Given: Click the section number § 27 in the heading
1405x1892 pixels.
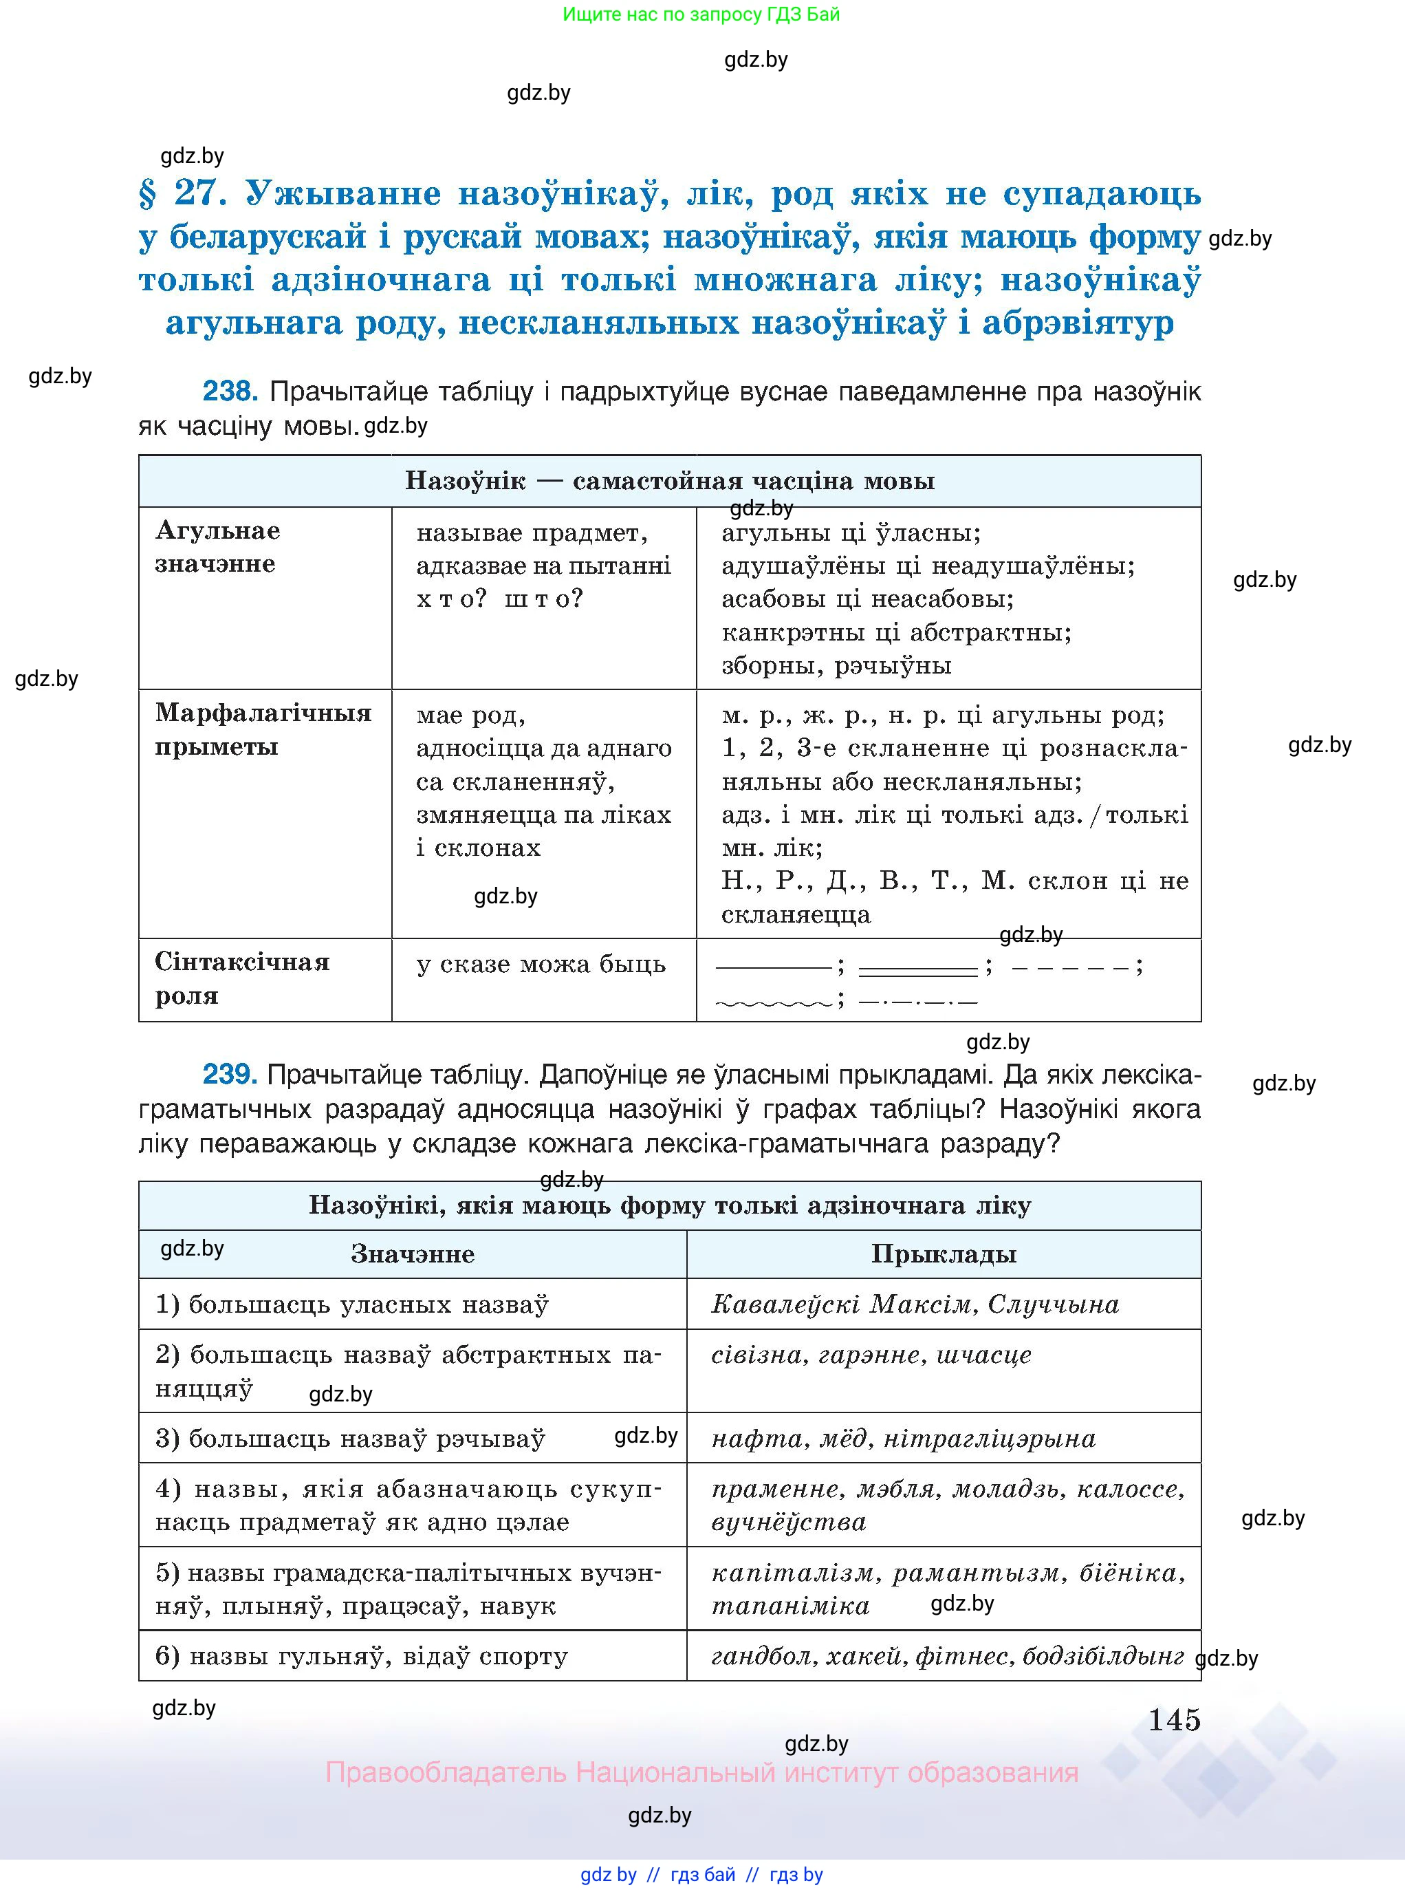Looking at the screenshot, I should coord(184,193).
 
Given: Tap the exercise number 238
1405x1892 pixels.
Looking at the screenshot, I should coord(229,391).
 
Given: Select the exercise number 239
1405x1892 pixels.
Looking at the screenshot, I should coord(229,1075).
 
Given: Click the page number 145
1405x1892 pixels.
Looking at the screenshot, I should coord(1174,1719).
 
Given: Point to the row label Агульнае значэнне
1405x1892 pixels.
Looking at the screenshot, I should coord(218,547).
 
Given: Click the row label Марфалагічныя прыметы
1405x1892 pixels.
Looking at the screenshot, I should coord(263,729).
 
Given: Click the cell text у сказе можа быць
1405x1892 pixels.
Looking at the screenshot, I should coord(541,964).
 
